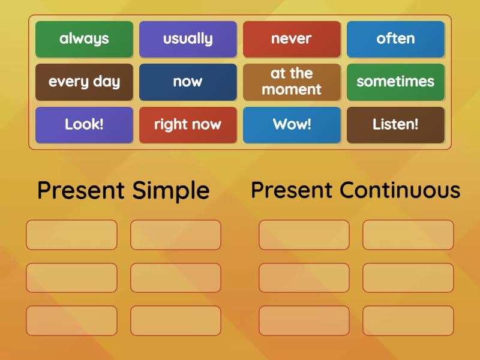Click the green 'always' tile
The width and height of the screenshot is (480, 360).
tap(84, 39)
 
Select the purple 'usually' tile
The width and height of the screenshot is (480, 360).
tap(188, 39)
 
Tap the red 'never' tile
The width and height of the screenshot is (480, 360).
tap(292, 39)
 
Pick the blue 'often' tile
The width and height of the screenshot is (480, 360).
tap(395, 39)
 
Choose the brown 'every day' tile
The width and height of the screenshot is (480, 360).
tap(84, 82)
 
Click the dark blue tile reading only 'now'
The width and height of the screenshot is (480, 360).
tap(188, 82)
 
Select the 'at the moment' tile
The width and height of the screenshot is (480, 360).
tap(292, 82)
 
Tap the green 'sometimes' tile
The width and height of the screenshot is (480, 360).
tap(395, 82)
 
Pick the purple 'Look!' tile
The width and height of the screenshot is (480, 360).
tap(84, 125)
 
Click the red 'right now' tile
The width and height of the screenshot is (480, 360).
tap(188, 125)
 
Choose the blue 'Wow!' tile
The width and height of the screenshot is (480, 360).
tap(292, 125)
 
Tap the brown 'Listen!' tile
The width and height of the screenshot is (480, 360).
tap(395, 125)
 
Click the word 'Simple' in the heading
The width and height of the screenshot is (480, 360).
tap(170, 191)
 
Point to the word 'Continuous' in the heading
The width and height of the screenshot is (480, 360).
tap(400, 190)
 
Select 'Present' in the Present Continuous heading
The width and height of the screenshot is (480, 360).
tap(292, 190)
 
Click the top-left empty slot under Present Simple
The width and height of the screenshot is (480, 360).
tap(71, 235)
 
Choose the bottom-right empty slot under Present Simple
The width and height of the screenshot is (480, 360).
tap(175, 320)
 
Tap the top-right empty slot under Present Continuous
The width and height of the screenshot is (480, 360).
tap(408, 235)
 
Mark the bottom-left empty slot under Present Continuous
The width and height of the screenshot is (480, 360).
tap(304, 320)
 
